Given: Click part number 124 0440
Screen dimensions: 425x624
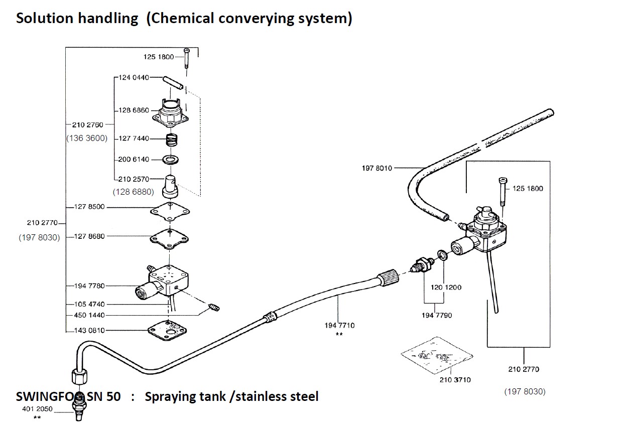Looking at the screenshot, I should pos(134,78).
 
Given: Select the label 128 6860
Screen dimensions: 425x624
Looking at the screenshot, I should pos(134,110).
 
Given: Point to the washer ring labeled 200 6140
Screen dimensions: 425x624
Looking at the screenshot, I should pos(172,160).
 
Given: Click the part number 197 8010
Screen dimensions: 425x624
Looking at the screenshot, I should pos(377,168).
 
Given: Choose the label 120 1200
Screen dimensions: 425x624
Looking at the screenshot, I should pos(446,288).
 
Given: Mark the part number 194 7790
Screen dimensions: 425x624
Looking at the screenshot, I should pos(436,315).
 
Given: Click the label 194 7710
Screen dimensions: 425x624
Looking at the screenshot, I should pos(339,325).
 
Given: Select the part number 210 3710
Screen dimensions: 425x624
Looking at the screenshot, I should pos(455,380).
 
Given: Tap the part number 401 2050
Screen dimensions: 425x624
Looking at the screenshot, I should pos(38,409).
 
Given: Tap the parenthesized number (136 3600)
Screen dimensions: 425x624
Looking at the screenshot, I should pos(87,138).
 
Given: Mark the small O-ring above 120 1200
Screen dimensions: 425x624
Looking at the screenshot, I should pos(442,255).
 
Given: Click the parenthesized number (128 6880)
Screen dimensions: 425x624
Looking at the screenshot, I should pos(133,192).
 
